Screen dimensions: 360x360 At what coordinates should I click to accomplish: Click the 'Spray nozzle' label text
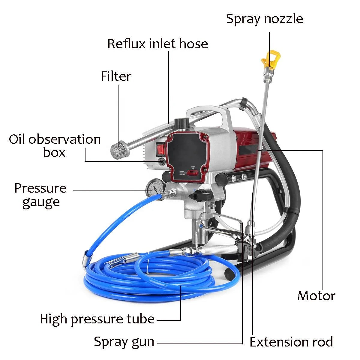click(x=264, y=19)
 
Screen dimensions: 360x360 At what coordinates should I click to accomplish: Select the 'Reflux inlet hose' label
click(x=157, y=44)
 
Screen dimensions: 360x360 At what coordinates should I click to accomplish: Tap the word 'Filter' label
click(x=116, y=76)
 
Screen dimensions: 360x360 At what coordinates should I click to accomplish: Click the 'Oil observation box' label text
click(x=55, y=146)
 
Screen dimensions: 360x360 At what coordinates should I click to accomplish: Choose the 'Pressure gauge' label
click(x=40, y=195)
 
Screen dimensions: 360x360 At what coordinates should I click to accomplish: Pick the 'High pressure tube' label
click(x=97, y=319)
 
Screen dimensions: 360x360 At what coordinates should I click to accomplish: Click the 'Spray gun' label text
click(x=124, y=342)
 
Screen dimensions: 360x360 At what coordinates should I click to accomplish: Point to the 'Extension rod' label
click(x=291, y=342)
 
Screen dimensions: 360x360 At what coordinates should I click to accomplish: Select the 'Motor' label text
click(x=316, y=296)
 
